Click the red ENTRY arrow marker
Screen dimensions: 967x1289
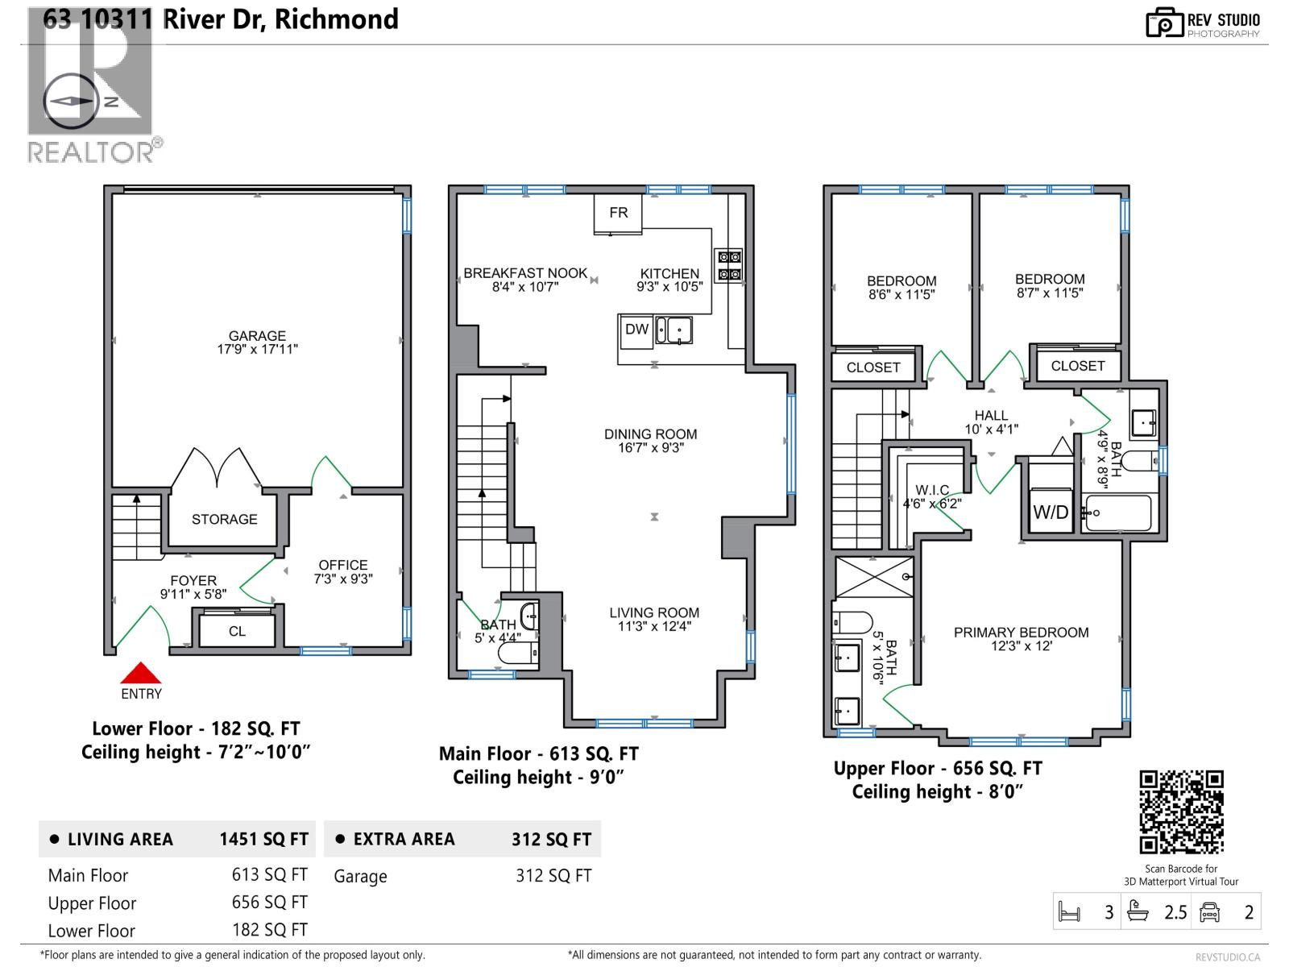tap(142, 674)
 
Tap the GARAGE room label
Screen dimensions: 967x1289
tap(257, 336)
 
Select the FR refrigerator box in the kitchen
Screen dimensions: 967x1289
tap(618, 214)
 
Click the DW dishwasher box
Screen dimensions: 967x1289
tap(636, 330)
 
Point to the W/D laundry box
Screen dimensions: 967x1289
tap(1051, 512)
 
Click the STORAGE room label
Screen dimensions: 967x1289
tap(224, 520)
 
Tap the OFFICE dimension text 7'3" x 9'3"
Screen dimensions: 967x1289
tap(343, 579)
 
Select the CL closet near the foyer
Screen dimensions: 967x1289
tap(237, 631)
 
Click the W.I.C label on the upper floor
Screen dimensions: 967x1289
tap(932, 490)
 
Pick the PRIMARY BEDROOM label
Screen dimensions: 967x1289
tap(1021, 633)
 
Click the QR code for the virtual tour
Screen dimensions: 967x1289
tap(1181, 812)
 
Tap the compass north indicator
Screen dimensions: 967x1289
tap(71, 102)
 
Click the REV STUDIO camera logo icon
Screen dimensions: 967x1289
tap(1163, 23)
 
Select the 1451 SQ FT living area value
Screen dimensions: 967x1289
tap(263, 840)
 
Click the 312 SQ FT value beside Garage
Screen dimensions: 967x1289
tap(553, 876)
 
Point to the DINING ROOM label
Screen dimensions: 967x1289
tap(650, 434)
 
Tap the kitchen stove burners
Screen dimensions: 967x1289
tap(729, 266)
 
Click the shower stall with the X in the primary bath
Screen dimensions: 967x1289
tap(874, 577)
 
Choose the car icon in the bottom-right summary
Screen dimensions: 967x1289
tap(1209, 912)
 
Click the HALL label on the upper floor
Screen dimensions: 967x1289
tap(991, 416)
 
